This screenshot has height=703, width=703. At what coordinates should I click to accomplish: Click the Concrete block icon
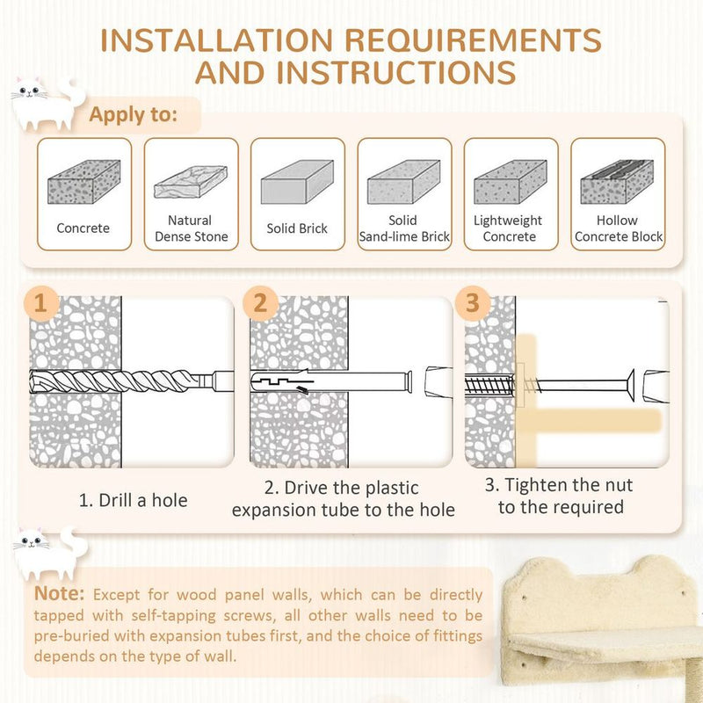pyautogui.click(x=83, y=182)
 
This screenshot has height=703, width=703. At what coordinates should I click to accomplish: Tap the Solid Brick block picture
pyautogui.click(x=297, y=182)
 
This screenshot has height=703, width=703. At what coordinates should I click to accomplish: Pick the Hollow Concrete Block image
pyautogui.click(x=617, y=182)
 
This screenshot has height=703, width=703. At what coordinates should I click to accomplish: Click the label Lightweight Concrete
pyautogui.click(x=510, y=228)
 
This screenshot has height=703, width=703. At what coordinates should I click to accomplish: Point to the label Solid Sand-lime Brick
pyautogui.click(x=403, y=228)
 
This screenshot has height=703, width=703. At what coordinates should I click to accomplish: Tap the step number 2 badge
pyautogui.click(x=260, y=303)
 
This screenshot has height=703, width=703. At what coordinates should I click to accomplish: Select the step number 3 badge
pyautogui.click(x=473, y=303)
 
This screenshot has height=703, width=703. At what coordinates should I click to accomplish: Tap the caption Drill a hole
pyautogui.click(x=134, y=500)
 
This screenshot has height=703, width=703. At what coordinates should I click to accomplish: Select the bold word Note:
pyautogui.click(x=60, y=594)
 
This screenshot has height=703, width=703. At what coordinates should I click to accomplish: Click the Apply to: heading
pyautogui.click(x=133, y=114)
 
